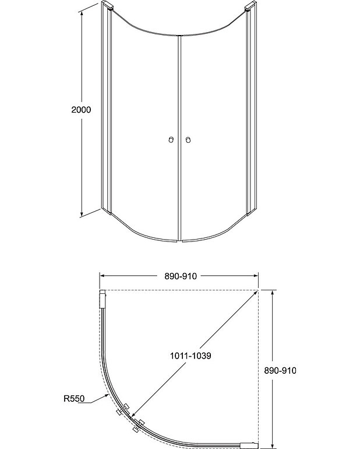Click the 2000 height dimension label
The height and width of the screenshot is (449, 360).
[x=81, y=110]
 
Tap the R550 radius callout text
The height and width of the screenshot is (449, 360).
[x=74, y=398]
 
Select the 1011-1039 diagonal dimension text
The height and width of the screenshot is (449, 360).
[x=190, y=356]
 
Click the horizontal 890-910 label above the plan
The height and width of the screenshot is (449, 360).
[x=181, y=276]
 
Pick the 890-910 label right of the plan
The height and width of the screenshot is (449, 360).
[x=280, y=370]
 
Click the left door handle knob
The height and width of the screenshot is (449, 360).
[x=171, y=140]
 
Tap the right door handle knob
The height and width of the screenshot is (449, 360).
[x=188, y=140]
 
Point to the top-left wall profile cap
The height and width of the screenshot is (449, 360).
[x=108, y=5]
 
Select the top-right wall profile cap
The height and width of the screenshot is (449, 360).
[x=250, y=6]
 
